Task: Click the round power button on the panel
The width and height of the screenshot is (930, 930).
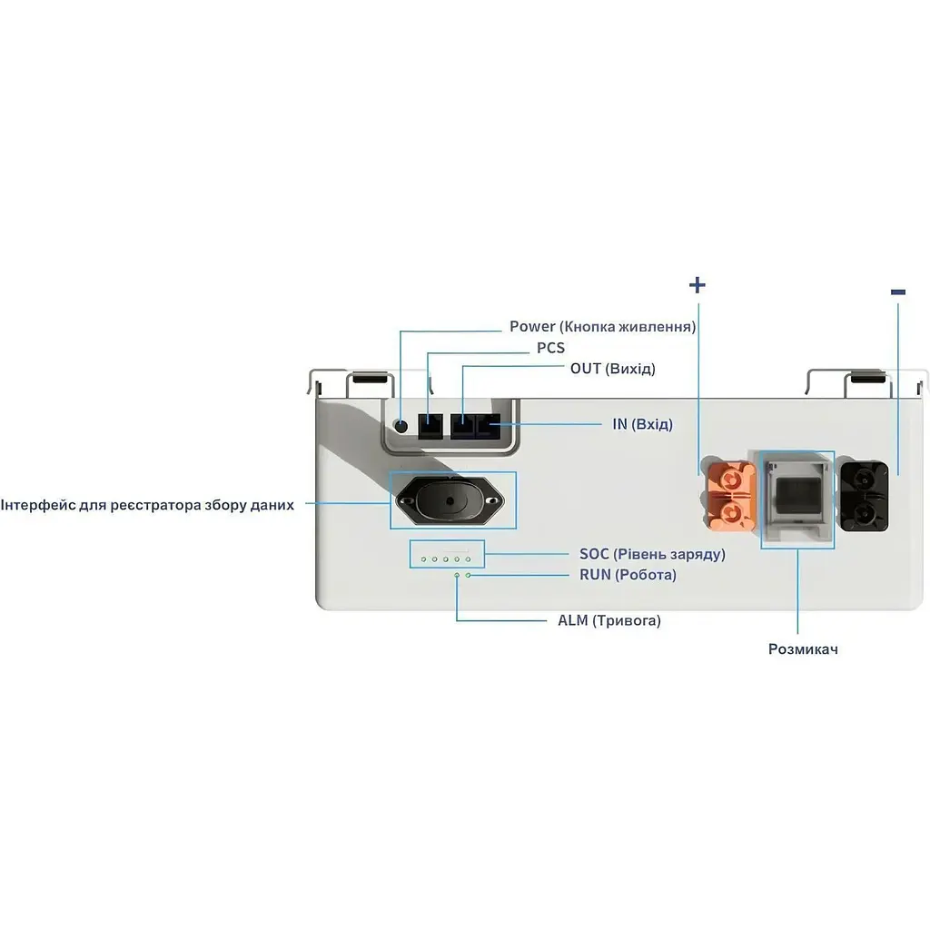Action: [x=400, y=425]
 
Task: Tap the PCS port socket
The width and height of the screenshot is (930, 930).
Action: [x=429, y=425]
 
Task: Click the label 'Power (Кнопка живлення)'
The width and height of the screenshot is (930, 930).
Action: [x=602, y=327]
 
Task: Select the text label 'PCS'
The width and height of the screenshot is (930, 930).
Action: [x=550, y=348]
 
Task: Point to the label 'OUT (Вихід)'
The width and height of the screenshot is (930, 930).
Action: [x=612, y=369]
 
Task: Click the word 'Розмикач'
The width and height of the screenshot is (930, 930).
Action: [x=803, y=649]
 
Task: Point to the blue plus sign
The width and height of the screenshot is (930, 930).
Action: [x=697, y=285]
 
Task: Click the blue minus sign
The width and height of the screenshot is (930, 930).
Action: [x=898, y=292]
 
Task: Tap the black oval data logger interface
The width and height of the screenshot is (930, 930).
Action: [x=449, y=500]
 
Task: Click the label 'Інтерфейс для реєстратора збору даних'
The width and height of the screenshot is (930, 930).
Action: [x=147, y=505]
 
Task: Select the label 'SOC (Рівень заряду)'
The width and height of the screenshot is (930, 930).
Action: [x=652, y=554]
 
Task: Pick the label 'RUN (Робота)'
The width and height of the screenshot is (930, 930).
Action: [x=628, y=575]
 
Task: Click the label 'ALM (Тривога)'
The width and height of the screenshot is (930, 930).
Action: [x=608, y=621]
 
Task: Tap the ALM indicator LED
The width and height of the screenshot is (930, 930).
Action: [x=457, y=575]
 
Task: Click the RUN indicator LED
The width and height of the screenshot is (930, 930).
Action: [x=468, y=575]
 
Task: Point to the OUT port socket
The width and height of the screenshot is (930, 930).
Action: [x=462, y=425]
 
